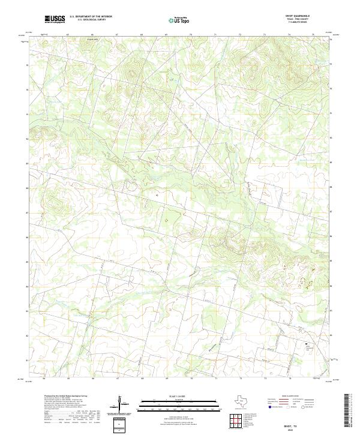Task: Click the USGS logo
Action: (x=55, y=19)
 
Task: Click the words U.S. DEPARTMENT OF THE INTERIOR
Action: (x=91, y=17)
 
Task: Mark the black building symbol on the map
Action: (x=307, y=344)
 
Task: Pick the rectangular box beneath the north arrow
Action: (x=118, y=425)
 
